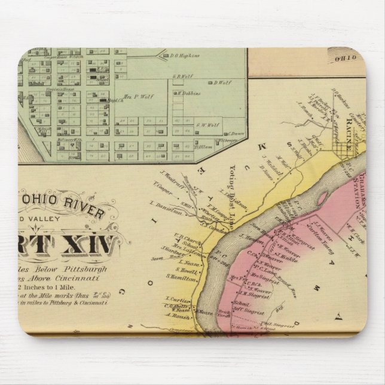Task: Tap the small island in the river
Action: [x=323, y=197]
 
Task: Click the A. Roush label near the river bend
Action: [x=178, y=315]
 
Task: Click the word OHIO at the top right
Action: [x=347, y=58]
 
